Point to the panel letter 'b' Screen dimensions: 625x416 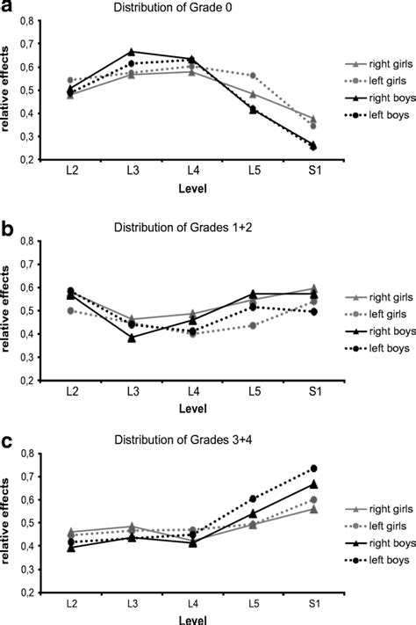coord(6,230)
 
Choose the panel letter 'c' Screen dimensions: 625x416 coord(6,440)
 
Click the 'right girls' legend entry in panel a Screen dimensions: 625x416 coord(369,64)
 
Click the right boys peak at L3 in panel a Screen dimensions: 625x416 coord(132,52)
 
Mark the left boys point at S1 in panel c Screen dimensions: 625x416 coord(313,469)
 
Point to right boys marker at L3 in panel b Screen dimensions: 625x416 coord(132,338)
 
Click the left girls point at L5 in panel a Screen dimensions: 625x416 coord(253,76)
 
